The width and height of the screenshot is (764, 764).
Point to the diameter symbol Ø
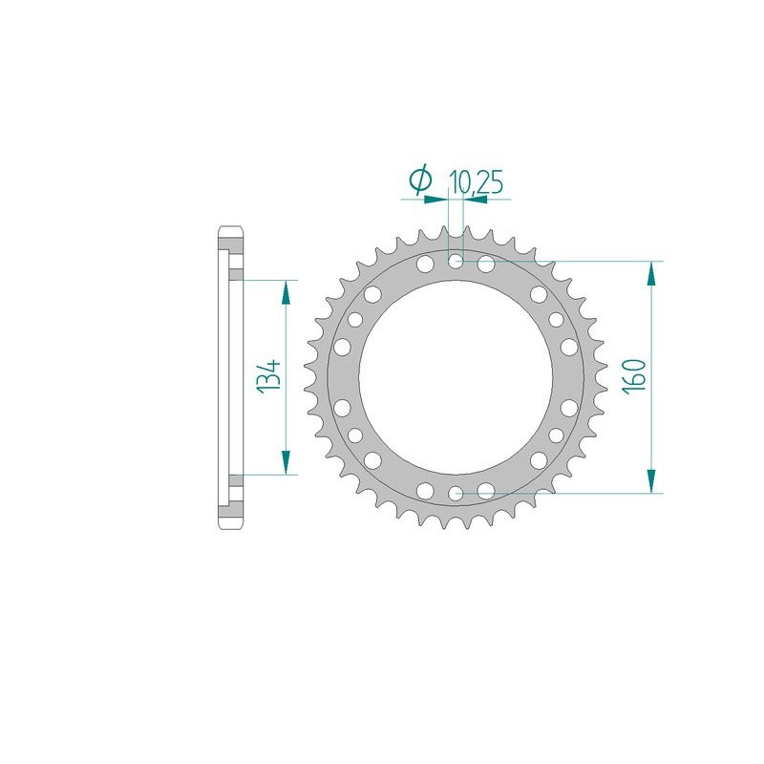click(420, 180)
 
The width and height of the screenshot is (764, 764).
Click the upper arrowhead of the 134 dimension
click(285, 291)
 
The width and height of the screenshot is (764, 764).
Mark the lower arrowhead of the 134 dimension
click(285, 462)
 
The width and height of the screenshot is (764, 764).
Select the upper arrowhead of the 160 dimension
click(651, 272)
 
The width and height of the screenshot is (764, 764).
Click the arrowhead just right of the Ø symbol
click(439, 200)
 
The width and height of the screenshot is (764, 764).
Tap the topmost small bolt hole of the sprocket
click(456, 261)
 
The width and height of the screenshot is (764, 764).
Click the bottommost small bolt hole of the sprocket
click(456, 493)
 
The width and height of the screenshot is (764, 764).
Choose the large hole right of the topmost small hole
click(486, 263)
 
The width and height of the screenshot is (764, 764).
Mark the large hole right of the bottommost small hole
click(486, 491)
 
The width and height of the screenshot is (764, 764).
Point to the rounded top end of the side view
click(230, 232)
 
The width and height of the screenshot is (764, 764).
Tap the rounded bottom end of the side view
click(230, 521)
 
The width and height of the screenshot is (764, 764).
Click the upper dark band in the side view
click(234, 274)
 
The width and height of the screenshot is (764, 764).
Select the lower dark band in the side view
click(234, 479)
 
